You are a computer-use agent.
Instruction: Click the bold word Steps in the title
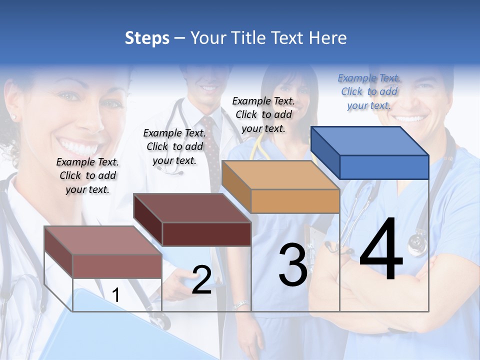click(x=147, y=38)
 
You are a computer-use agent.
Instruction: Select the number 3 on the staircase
click(x=292, y=265)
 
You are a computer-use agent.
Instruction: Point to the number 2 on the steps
click(x=201, y=280)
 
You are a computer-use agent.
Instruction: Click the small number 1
click(x=115, y=295)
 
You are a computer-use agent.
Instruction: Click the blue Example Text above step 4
click(x=369, y=92)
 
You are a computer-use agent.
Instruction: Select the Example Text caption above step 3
click(x=263, y=114)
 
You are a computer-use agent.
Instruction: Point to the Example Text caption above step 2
click(x=174, y=146)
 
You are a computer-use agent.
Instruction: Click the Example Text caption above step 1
click(x=87, y=175)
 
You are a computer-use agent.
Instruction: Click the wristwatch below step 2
click(x=240, y=304)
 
